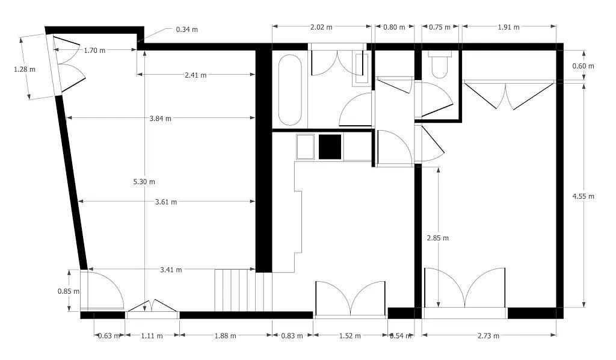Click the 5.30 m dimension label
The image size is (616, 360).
(x=144, y=181)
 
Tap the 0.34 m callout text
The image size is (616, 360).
(x=186, y=29)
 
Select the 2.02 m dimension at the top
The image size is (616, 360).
(x=321, y=27)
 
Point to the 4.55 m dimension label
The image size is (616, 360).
(x=583, y=196)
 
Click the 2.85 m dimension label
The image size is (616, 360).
(x=437, y=238)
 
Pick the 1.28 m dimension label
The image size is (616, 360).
(x=25, y=69)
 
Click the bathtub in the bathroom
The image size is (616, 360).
(x=290, y=90)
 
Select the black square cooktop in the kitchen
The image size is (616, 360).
(x=330, y=147)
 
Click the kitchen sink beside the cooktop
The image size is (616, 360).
(x=306, y=147)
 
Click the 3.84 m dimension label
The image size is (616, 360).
(x=160, y=119)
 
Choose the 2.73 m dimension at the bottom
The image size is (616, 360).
(x=488, y=336)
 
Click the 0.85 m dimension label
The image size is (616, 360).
(x=69, y=291)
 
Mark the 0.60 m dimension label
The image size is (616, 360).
(x=583, y=66)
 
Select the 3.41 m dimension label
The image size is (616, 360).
(x=171, y=270)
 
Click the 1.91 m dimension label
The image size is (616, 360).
(x=508, y=27)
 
